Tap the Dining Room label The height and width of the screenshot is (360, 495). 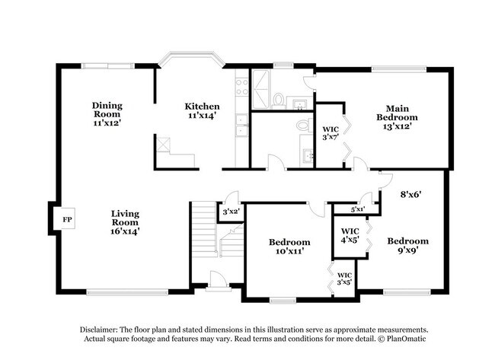click(107, 113)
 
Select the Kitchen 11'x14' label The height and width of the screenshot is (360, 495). click(203, 110)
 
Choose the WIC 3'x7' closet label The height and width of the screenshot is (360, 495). click(330, 134)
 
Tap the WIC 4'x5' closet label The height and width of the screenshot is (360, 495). click(350, 235)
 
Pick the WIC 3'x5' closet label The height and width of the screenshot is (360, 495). click(344, 278)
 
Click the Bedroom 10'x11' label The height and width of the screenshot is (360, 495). click(289, 247)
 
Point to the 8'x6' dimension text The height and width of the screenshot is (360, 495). click(411, 194)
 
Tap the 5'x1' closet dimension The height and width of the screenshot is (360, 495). click(358, 209)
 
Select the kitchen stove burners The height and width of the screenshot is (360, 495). click(241, 87)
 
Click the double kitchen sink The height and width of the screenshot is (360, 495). click(241, 125)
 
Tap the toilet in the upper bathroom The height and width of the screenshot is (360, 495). click(279, 99)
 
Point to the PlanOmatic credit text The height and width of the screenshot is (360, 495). click(403, 338)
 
